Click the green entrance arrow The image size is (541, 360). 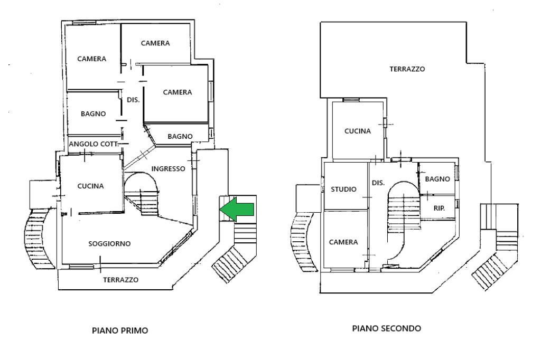(x=237, y=209)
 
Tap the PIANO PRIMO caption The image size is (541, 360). (x=120, y=330)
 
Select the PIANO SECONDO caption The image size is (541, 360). (x=386, y=328)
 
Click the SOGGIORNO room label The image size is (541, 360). (x=109, y=243)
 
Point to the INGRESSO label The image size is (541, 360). (x=169, y=168)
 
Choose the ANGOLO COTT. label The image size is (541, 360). (x=94, y=144)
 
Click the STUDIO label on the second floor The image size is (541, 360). (x=343, y=189)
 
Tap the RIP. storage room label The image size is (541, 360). (x=439, y=209)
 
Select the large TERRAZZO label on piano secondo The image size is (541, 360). (x=407, y=69)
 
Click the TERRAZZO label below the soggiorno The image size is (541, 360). (x=121, y=280)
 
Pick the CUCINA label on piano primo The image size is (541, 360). (x=90, y=186)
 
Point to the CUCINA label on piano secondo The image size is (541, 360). (x=358, y=131)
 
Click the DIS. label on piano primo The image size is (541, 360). (x=133, y=100)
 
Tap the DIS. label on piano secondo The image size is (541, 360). (x=378, y=183)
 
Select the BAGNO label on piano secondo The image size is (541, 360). (x=437, y=179)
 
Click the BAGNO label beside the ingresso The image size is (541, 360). (x=180, y=136)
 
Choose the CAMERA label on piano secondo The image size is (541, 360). (x=343, y=242)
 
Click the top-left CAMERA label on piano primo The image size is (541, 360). (x=92, y=59)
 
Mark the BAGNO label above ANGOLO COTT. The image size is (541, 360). (x=93, y=113)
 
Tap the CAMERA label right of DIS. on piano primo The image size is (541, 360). (x=178, y=92)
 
